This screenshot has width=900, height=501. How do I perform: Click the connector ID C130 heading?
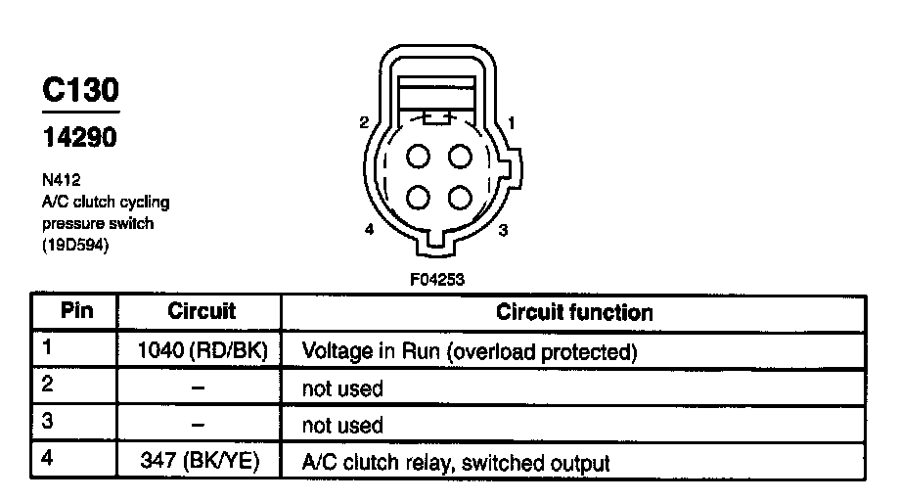point(80,91)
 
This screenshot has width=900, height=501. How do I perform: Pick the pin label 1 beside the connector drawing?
point(512,123)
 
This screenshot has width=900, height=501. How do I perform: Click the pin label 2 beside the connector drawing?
point(363,123)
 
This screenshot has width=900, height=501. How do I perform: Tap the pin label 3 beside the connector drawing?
point(503,231)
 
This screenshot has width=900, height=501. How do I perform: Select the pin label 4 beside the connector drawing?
point(369,231)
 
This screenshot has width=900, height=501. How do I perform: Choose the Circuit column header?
point(202,312)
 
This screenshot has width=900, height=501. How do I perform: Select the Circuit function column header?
point(574,312)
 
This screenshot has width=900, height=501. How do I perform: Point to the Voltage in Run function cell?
point(471,350)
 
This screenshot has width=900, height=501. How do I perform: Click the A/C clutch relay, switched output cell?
point(457,462)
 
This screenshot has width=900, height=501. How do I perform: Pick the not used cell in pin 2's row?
point(342,388)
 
